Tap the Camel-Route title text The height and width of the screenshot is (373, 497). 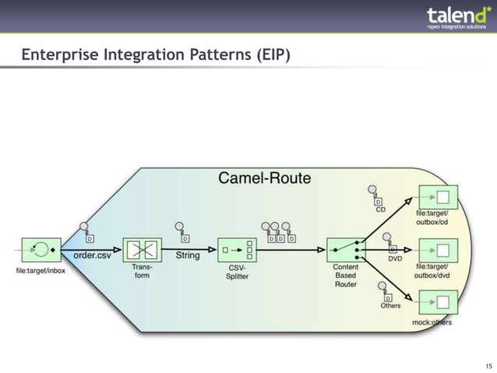(x=264, y=178)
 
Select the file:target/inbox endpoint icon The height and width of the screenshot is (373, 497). (x=41, y=250)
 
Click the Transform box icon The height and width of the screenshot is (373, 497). (x=142, y=250)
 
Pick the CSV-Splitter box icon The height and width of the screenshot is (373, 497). (x=238, y=250)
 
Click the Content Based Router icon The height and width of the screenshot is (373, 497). (x=346, y=250)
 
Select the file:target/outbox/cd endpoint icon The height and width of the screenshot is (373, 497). (x=438, y=197)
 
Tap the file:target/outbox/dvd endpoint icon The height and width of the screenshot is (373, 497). (x=438, y=250)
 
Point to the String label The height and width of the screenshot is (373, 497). (x=187, y=255)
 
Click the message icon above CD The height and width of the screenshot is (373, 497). (x=376, y=194)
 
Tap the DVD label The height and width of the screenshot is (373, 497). (x=395, y=258)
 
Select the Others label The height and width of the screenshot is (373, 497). (x=390, y=305)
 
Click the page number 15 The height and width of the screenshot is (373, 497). (x=488, y=365)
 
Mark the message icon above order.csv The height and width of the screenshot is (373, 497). (x=86, y=233)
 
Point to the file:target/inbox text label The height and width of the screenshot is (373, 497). (x=41, y=270)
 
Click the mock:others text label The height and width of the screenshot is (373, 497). (x=432, y=322)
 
